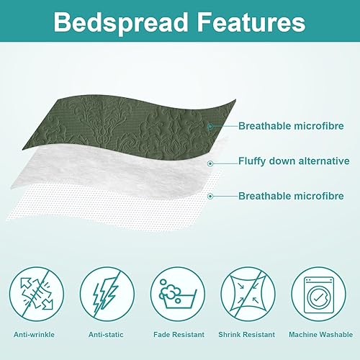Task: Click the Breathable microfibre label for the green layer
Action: (x=287, y=126)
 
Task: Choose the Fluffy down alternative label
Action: (x=294, y=161)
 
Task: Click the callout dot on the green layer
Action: (x=210, y=127)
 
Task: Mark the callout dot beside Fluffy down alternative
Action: (x=210, y=163)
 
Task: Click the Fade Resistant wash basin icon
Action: (x=179, y=294)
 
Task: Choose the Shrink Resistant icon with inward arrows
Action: (x=248, y=294)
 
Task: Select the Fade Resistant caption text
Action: (x=179, y=335)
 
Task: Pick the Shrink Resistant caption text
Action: (x=248, y=335)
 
